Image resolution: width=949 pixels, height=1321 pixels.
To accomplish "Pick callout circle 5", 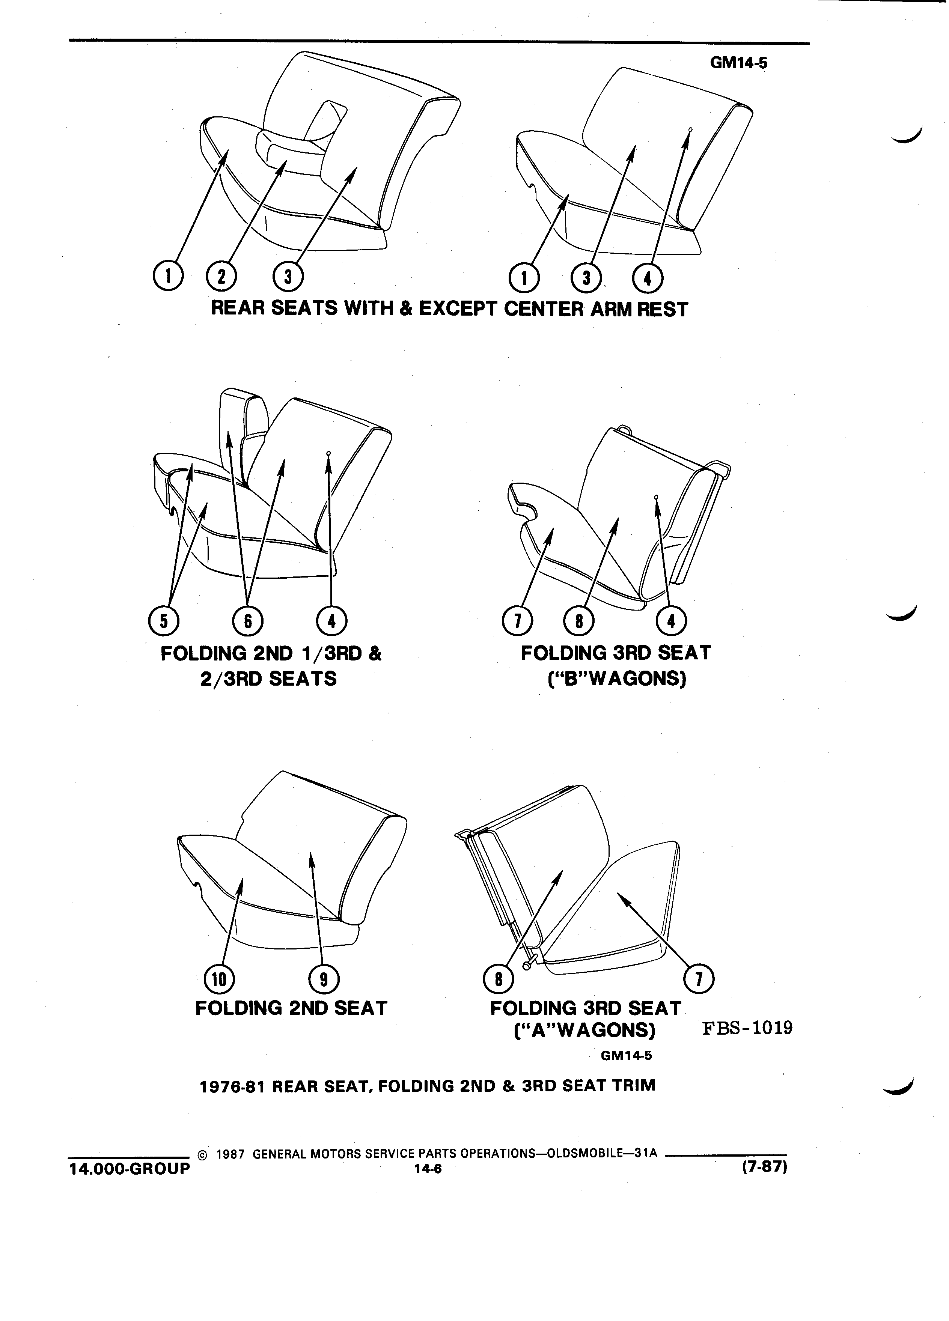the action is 164,621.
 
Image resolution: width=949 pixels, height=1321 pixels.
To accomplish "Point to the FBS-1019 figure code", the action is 747,1028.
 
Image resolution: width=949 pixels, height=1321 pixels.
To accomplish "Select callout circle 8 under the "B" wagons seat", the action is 579,621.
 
